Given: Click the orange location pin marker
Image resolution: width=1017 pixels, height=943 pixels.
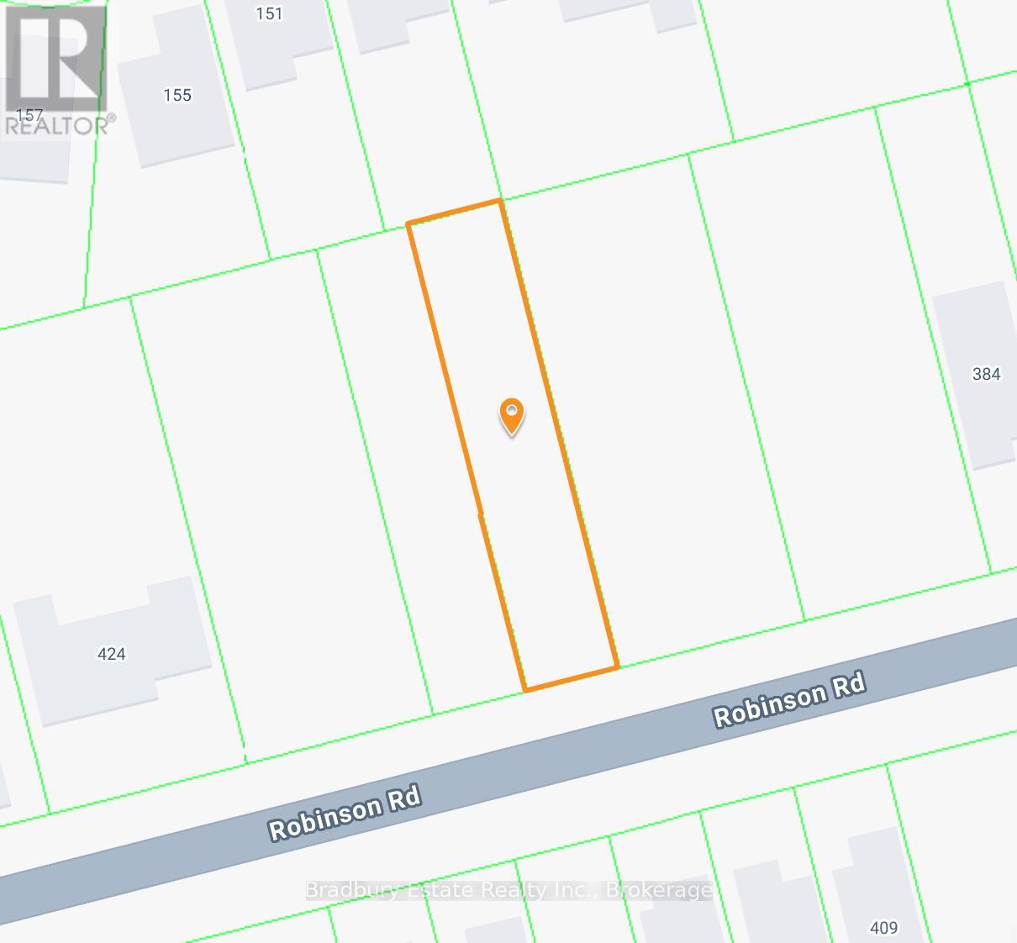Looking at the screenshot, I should tap(512, 414).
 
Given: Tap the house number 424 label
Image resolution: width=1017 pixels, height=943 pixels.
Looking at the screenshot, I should tap(112, 654).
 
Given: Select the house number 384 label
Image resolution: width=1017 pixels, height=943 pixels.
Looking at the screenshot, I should tap(986, 374).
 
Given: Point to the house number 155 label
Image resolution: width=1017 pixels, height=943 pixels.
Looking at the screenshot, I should tap(177, 95).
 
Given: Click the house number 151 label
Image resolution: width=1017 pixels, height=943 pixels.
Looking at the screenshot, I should tap(269, 13).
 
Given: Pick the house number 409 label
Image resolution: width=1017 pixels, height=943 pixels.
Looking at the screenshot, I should tap(883, 928).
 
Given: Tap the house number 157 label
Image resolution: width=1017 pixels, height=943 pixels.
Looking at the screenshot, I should tap(29, 114).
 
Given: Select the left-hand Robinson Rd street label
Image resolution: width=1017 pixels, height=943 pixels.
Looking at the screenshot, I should tap(344, 813).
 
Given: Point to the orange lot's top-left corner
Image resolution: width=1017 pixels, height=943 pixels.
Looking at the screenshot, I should tap(408, 224).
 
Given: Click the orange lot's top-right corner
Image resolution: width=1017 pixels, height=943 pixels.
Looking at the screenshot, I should tap(500, 200).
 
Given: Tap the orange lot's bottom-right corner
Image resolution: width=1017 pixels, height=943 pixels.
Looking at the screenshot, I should tap(618, 668).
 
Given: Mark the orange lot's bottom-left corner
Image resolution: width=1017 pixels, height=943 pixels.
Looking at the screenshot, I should tap(525, 691).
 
